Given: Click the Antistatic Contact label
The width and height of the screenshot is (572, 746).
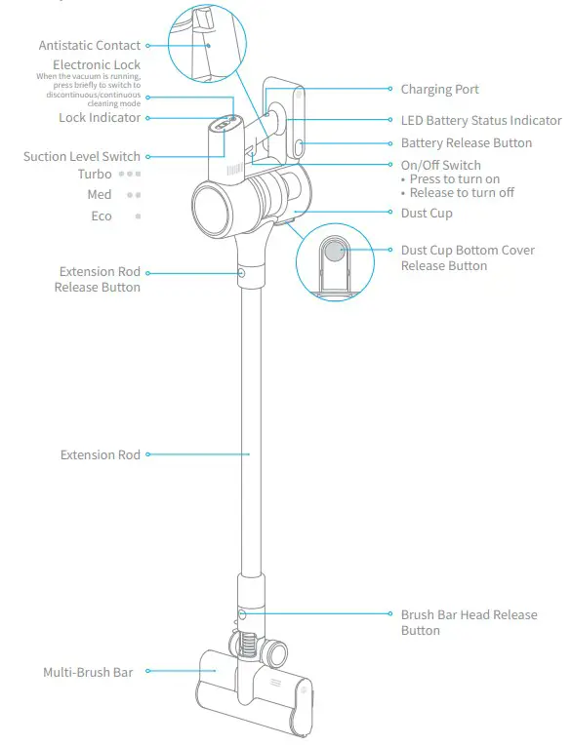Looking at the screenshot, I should click(90, 46).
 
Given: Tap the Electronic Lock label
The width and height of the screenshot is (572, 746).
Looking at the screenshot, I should click(97, 65).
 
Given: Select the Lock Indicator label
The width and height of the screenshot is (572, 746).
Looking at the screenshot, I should click(100, 118).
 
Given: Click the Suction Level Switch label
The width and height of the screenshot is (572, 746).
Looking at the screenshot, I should click(82, 157).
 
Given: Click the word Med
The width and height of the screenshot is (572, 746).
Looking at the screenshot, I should click(100, 195).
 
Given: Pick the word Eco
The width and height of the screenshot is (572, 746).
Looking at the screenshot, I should click(102, 216).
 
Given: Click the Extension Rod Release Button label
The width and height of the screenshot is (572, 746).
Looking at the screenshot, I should click(99, 280).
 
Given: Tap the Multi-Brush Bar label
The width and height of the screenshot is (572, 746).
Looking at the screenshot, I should click(88, 672).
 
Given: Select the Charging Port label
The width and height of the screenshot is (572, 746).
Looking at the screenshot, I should click(439, 90).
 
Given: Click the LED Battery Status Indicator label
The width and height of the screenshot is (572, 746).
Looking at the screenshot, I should click(481, 121).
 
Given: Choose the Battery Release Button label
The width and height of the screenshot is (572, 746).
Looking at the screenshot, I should click(467, 143).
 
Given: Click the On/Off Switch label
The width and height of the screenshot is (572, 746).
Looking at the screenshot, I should click(440, 166).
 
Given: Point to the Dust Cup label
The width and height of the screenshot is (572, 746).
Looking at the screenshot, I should click(427, 214).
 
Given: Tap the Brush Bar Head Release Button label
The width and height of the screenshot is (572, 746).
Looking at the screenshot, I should click(469, 622).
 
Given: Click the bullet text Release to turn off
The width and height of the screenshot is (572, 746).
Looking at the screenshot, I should click(462, 193).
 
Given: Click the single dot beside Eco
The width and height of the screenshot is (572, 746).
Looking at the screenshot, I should click(139, 216).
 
